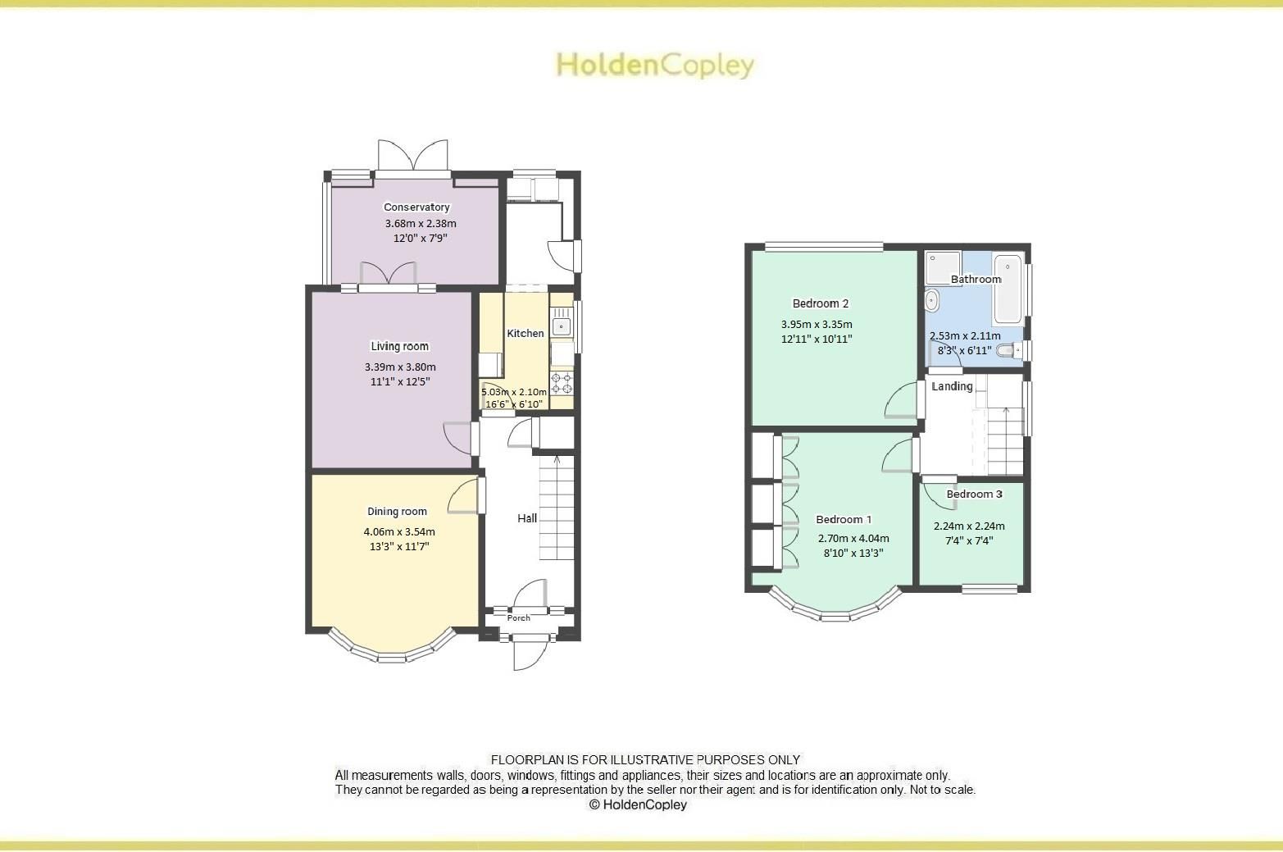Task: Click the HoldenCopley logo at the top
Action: (655, 65)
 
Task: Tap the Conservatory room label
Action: (416, 207)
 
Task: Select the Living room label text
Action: (399, 346)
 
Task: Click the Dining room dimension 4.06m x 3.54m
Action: (399, 531)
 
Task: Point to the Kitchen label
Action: (525, 333)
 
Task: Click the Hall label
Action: (527, 518)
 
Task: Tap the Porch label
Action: (519, 617)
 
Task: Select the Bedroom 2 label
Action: (820, 303)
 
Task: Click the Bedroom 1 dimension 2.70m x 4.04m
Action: (853, 539)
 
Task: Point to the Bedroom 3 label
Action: (974, 494)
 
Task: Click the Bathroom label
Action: (976, 279)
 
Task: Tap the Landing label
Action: (952, 386)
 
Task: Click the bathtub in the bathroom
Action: (1008, 289)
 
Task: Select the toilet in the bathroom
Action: (1009, 350)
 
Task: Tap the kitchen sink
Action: (562, 325)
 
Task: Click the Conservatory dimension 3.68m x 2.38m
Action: (421, 223)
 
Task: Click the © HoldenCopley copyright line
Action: (638, 804)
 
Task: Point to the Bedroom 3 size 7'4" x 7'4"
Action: (969, 540)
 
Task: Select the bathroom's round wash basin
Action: (933, 300)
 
